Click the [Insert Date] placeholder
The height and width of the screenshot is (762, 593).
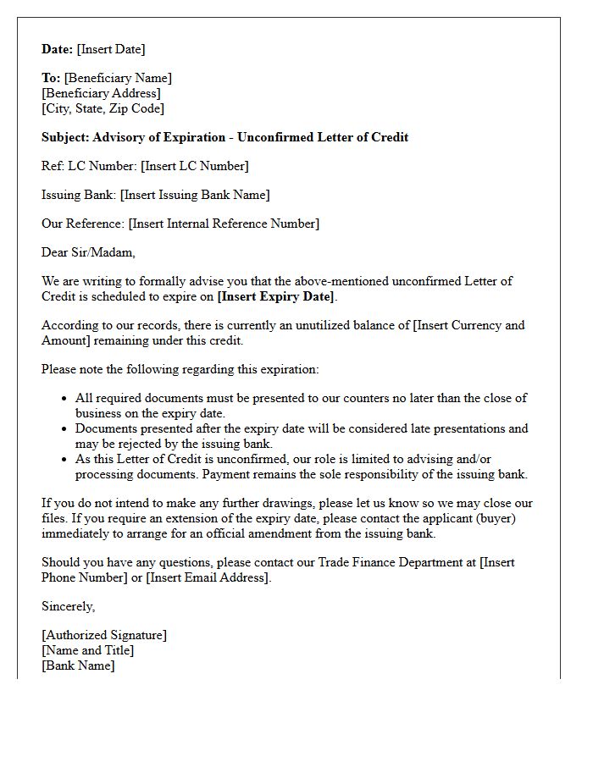pyautogui.click(x=111, y=49)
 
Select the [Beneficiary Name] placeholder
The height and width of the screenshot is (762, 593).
pyautogui.click(x=118, y=78)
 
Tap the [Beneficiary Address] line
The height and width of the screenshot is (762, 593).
pyautogui.click(x=101, y=93)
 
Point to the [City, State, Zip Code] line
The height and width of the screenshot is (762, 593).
pyautogui.click(x=103, y=108)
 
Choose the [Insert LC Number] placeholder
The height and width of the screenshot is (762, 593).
pyautogui.click(x=194, y=166)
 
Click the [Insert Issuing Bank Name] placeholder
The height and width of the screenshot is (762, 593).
pyautogui.click(x=195, y=195)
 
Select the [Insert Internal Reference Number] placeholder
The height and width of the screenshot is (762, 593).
pyautogui.click(x=224, y=224)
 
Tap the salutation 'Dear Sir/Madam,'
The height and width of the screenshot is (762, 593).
pyautogui.click(x=88, y=252)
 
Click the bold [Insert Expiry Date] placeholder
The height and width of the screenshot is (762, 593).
pyautogui.click(x=276, y=296)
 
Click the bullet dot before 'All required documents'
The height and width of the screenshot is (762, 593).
pyautogui.click(x=64, y=398)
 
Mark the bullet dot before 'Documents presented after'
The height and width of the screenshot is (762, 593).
pyautogui.click(x=64, y=428)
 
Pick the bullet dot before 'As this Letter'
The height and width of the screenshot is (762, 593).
pyautogui.click(x=64, y=459)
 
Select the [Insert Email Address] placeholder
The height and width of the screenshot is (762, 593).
pyautogui.click(x=208, y=577)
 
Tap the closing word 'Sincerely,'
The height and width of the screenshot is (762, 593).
pyautogui.click(x=68, y=606)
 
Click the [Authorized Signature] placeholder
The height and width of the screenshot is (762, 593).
pyautogui.click(x=104, y=635)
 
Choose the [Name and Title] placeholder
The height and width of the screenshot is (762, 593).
pyautogui.click(x=87, y=650)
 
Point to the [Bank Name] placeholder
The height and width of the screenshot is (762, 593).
pyautogui.click(x=78, y=665)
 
